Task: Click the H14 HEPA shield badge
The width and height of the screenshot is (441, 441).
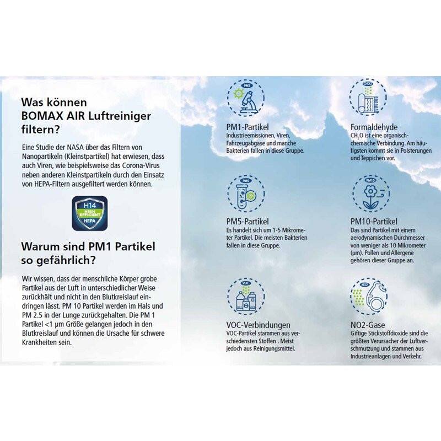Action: [90, 213]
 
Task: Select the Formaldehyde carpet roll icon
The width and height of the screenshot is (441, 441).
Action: [369, 99]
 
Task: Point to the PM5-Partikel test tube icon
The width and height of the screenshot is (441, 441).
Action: [246, 193]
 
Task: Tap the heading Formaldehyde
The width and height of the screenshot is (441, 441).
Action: [374, 127]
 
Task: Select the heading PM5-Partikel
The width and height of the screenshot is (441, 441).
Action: [248, 222]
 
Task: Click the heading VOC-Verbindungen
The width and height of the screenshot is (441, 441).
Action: [258, 325]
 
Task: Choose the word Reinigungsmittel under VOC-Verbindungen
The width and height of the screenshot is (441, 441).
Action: [270, 348]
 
